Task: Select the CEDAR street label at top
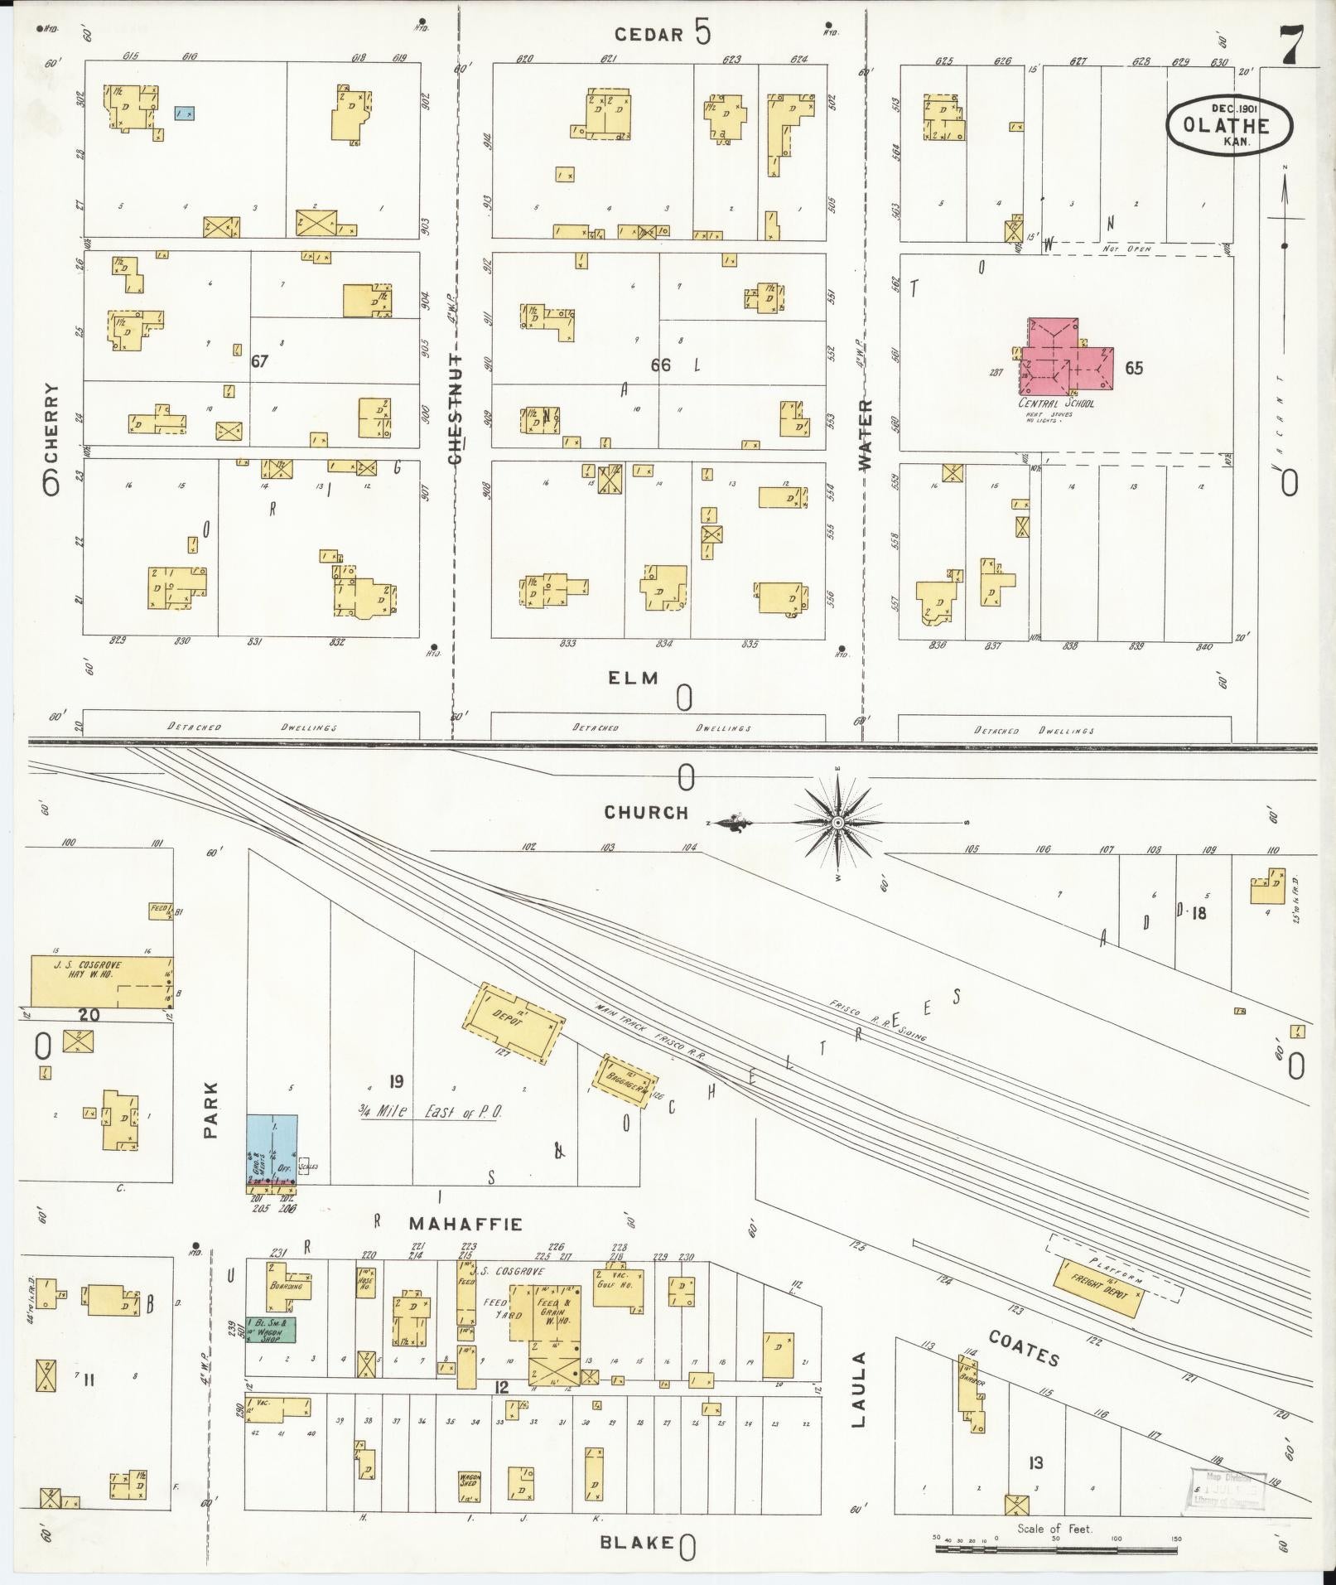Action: tap(649, 34)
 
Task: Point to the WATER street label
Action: tap(866, 435)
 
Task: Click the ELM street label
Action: tap(634, 679)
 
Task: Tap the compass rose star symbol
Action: tap(838, 822)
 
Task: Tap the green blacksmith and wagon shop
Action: tap(271, 1329)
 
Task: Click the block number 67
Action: tap(260, 361)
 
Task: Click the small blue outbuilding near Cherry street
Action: tap(184, 113)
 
